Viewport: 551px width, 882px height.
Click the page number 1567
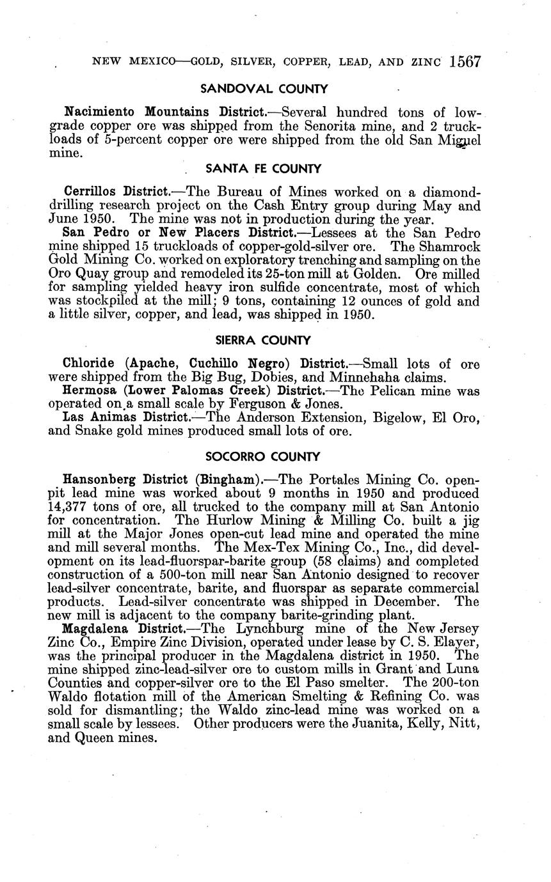[465, 61]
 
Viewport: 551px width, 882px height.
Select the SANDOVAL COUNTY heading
[264, 89]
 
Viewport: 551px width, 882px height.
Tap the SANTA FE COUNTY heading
[263, 169]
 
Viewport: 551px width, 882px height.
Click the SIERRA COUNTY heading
[263, 340]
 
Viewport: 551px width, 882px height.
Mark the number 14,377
[72, 507]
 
